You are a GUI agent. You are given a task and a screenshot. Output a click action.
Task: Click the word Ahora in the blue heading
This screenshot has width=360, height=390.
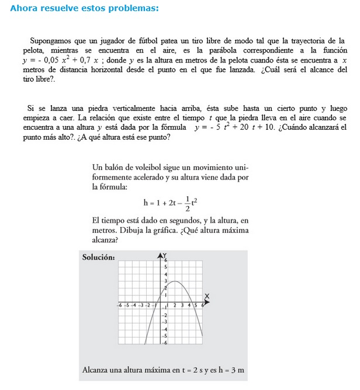[x=24, y=9]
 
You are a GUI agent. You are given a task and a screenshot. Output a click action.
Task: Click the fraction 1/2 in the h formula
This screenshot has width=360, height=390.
[x=187, y=203]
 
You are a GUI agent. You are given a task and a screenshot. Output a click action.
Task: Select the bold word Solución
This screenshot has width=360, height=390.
[x=98, y=257]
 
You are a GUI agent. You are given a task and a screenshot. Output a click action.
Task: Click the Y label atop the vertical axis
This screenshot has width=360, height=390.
[x=164, y=255]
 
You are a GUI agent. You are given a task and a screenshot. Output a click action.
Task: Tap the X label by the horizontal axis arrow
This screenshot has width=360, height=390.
[x=206, y=297]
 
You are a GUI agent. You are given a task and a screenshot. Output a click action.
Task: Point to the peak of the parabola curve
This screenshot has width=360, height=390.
[x=176, y=282]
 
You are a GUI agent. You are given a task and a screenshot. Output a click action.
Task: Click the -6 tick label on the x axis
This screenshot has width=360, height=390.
[x=119, y=305]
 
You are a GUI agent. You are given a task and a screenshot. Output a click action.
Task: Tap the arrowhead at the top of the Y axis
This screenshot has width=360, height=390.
[x=161, y=255]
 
